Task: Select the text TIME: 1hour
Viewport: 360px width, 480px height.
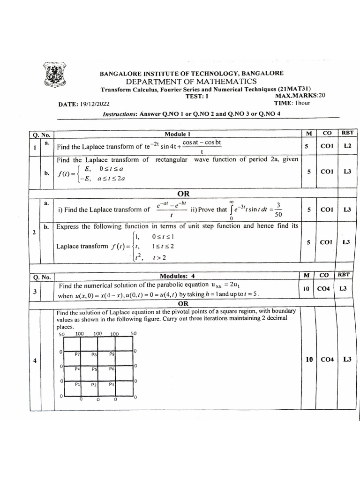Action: [x=292, y=103]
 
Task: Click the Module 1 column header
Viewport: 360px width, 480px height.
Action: [x=177, y=134]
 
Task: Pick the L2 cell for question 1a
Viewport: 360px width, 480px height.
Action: [x=347, y=146]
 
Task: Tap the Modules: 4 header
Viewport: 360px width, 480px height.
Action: [x=177, y=276]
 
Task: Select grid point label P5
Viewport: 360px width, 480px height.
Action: [x=94, y=369]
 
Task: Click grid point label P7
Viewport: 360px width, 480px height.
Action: [x=77, y=354]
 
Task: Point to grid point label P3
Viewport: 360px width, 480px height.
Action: [x=112, y=384]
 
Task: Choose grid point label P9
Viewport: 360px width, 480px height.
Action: [x=112, y=354]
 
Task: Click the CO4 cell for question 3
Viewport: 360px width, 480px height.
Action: [x=323, y=289]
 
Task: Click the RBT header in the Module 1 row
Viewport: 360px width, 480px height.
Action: [x=347, y=133]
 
